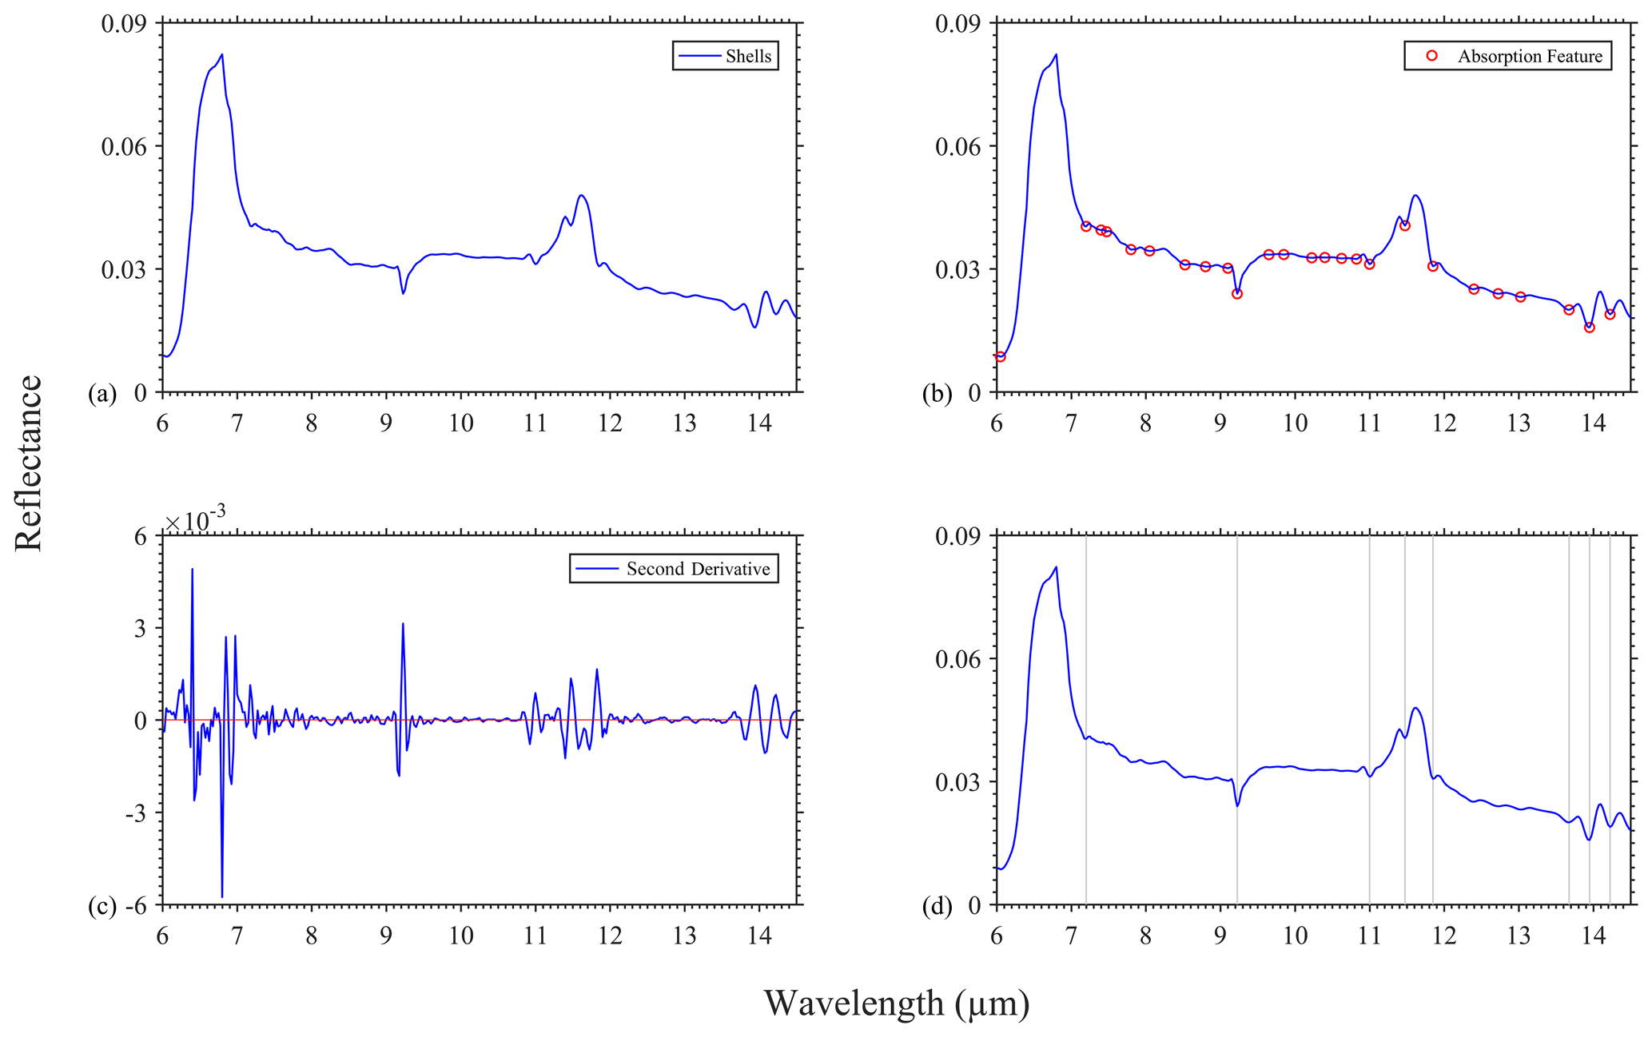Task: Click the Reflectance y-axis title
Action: point(30,463)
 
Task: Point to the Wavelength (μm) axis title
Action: point(896,1003)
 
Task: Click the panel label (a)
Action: point(102,393)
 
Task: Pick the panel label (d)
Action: point(937,906)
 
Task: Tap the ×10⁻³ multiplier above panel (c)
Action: point(195,522)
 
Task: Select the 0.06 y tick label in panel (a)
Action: point(125,146)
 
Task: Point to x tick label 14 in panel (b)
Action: point(1594,423)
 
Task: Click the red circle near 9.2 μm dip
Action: point(1237,293)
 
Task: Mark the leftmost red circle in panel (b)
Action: point(1000,356)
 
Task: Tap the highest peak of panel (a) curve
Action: point(222,54)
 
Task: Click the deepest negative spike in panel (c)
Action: point(222,896)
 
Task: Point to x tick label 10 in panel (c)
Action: point(461,936)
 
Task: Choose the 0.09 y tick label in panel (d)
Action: point(958,536)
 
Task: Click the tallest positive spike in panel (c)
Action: point(192,570)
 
